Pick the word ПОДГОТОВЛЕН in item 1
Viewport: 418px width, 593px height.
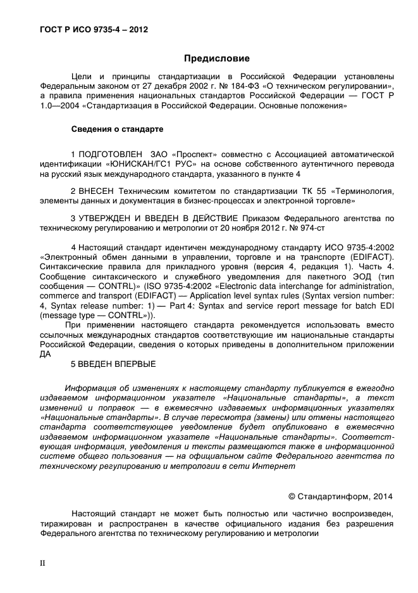coord(110,153)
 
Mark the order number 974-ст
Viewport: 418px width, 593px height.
coord(329,227)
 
